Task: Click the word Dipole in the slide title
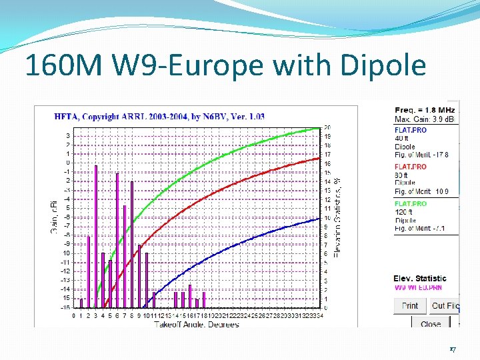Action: point(382,66)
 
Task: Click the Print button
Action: point(410,306)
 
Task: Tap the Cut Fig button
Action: point(445,306)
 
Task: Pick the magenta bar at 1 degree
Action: point(81,303)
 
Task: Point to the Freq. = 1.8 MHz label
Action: point(425,110)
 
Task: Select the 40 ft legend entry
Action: point(401,139)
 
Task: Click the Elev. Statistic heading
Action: point(420,278)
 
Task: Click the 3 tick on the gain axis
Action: point(67,136)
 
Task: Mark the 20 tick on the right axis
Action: point(327,127)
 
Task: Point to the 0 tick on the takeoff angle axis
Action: point(74,315)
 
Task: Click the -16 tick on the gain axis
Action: point(66,307)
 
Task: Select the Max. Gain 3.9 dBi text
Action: point(425,119)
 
